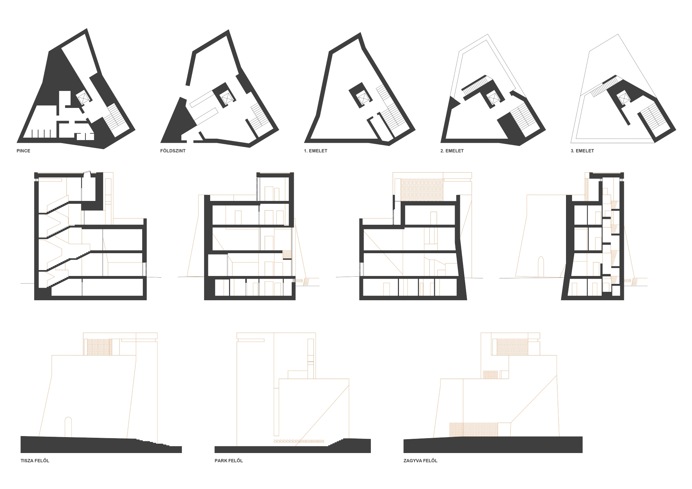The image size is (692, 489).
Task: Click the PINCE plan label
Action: click(x=24, y=151)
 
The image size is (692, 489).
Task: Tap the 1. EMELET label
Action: click(x=316, y=151)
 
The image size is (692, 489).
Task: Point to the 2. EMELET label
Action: click(x=452, y=151)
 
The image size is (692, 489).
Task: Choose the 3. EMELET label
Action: click(x=582, y=151)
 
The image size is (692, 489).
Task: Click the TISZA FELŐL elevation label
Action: click(x=35, y=461)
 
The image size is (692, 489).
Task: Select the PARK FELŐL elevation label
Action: click(x=229, y=461)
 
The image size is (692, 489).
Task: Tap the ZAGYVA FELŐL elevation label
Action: click(x=420, y=461)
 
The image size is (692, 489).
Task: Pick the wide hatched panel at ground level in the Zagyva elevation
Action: click(x=473, y=429)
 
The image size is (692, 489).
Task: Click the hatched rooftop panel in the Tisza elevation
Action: click(x=99, y=347)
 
